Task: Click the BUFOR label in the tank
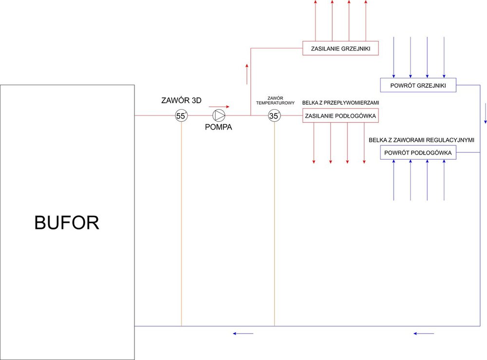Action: point(67,223)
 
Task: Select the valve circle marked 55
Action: point(181,115)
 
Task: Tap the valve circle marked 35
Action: point(274,115)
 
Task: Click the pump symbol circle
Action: point(219,115)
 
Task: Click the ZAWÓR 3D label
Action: point(181,101)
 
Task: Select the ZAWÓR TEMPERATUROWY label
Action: point(275,101)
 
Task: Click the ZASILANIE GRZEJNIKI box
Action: point(340,48)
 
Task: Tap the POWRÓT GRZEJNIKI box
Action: point(418,85)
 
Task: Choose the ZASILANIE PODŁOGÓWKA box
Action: point(340,115)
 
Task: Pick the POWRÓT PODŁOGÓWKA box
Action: point(418,152)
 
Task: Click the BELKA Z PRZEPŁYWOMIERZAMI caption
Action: point(340,103)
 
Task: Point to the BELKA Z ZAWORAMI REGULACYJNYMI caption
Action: point(421,140)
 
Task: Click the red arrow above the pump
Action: point(219,106)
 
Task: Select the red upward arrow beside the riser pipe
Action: point(247,73)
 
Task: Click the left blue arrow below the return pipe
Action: point(243,334)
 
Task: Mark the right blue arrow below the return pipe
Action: point(423,334)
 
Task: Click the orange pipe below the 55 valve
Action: point(181,224)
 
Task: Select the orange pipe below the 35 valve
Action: point(274,224)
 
